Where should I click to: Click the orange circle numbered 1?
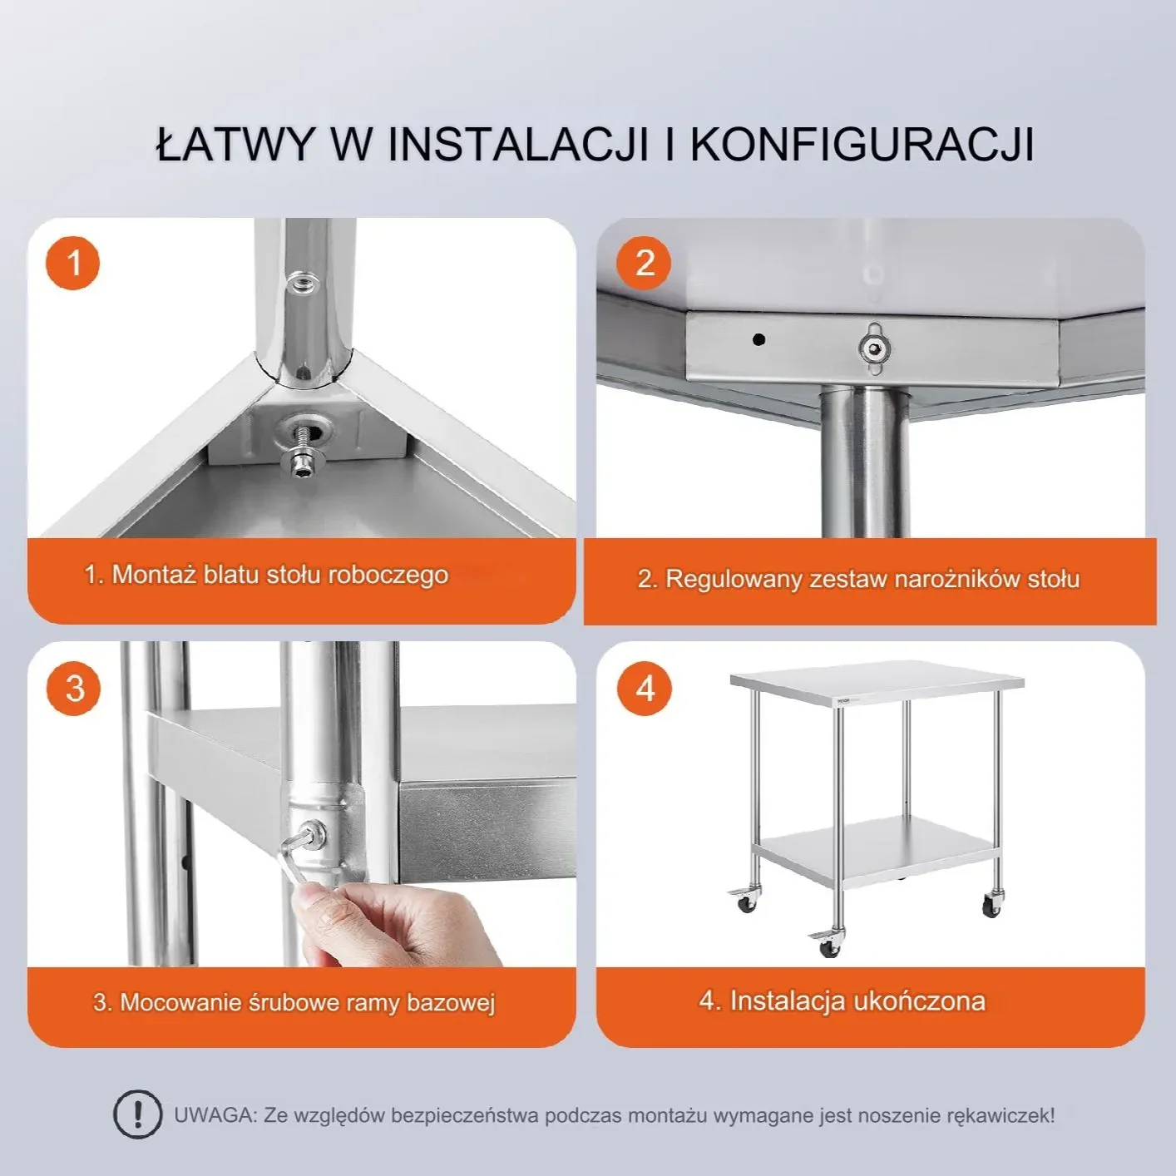pyautogui.click(x=73, y=263)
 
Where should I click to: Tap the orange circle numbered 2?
pyautogui.click(x=643, y=263)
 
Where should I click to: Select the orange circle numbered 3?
pyautogui.click(x=74, y=689)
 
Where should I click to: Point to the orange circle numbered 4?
pyautogui.click(x=644, y=689)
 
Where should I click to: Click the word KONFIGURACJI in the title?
pyautogui.click(x=862, y=145)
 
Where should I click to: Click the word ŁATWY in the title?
pyautogui.click(x=235, y=145)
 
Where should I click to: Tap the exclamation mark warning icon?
pyautogui.click(x=137, y=1114)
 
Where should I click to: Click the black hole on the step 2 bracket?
pyautogui.click(x=758, y=339)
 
